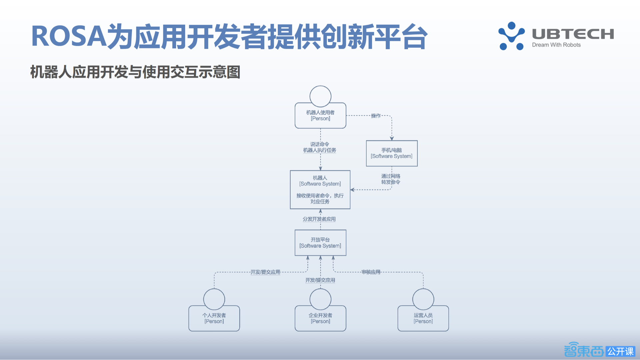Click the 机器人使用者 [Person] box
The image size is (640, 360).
tap(320, 116)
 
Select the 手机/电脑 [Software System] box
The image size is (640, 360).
tap(392, 153)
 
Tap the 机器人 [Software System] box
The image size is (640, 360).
tap(320, 190)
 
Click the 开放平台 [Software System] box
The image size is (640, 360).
tap(320, 243)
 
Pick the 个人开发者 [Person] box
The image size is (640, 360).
tap(214, 318)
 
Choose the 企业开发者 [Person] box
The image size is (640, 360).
tap(320, 318)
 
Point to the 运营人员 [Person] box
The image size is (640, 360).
tap(423, 318)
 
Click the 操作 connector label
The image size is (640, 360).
tap(376, 116)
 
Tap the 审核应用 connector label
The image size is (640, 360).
tap(371, 272)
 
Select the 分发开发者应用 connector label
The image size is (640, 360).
tap(319, 219)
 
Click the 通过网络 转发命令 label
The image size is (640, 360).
tap(391, 179)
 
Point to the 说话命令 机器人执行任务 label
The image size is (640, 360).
tap(320, 147)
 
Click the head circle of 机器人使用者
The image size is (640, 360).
tap(320, 96)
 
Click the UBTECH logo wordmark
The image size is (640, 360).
tap(573, 34)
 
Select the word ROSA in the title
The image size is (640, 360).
tap(69, 36)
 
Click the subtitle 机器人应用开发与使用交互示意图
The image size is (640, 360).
tap(135, 72)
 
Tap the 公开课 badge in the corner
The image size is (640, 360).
tap(620, 351)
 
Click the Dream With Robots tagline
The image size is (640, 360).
tap(556, 45)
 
